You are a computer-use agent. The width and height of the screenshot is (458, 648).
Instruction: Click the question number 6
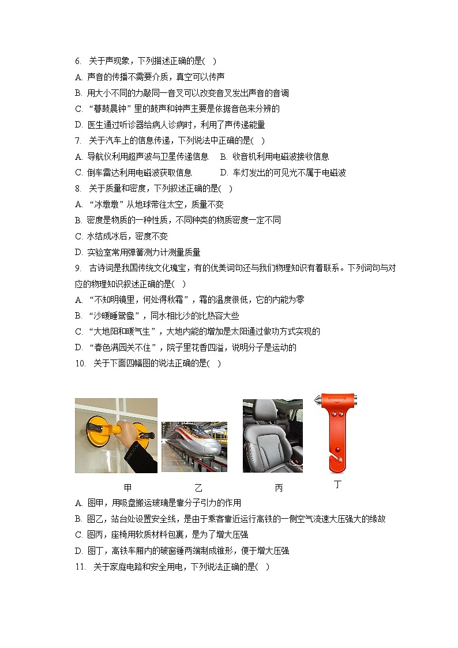[x=77, y=61]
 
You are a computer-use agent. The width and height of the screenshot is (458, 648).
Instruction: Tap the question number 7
[x=77, y=141]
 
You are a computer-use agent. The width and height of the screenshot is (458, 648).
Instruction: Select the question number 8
[x=77, y=189]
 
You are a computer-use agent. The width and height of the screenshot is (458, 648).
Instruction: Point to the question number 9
[x=77, y=268]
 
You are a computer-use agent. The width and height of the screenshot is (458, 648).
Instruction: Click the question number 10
[x=80, y=364]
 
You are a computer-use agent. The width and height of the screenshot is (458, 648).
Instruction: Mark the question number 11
[x=80, y=567]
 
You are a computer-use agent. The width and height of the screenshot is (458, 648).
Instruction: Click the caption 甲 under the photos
[x=127, y=488]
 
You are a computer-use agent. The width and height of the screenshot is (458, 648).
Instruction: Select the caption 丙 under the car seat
[x=279, y=488]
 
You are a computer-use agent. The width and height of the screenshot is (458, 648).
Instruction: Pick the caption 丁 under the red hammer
[x=337, y=485]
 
